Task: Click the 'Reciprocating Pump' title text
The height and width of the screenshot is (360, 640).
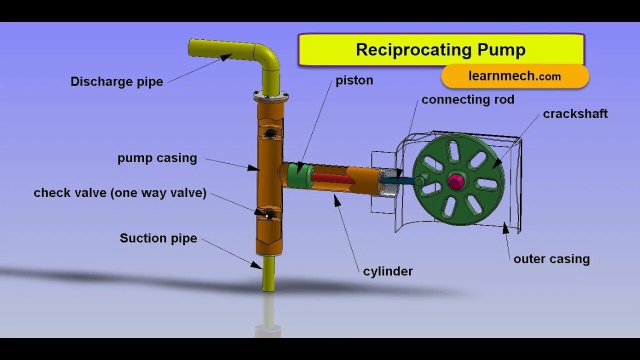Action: (440, 50)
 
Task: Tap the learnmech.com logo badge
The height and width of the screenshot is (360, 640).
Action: (515, 76)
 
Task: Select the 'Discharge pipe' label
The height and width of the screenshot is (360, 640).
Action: (116, 81)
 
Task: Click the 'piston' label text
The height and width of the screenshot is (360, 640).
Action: (354, 80)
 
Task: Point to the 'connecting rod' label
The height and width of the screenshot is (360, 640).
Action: (467, 99)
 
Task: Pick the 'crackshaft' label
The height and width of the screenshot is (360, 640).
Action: (575, 114)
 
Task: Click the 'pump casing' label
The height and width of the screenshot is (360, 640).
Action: (157, 158)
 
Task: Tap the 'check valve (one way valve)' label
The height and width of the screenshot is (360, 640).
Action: (120, 193)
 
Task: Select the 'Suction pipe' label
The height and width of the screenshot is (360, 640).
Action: (158, 238)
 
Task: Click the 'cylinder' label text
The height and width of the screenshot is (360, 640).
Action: (387, 271)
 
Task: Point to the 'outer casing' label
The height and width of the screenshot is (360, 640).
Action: (551, 259)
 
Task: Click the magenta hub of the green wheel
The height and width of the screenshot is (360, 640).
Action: (455, 181)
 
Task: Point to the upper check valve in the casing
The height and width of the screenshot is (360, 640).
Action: (269, 132)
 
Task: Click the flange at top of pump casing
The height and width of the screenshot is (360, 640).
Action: (270, 96)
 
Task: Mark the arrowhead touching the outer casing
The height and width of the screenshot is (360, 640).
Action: (505, 228)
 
